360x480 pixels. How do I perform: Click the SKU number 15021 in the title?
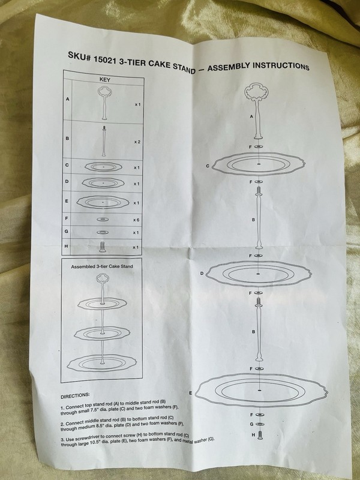104,59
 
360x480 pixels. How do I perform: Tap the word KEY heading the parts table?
104,80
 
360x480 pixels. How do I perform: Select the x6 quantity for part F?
136,220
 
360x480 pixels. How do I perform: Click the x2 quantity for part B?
137,142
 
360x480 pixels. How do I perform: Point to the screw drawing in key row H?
103,247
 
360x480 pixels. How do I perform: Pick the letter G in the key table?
66,232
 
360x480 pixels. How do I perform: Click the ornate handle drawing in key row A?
104,103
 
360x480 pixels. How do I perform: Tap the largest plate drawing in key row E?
103,202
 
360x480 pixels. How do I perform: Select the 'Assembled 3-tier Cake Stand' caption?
102,266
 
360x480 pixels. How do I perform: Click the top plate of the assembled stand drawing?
102,304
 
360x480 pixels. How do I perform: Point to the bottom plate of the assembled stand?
102,364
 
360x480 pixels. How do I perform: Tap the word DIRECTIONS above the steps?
75,396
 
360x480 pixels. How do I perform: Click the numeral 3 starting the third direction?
62,440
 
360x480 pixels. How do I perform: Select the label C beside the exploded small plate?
208,166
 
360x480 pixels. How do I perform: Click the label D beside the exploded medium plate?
202,273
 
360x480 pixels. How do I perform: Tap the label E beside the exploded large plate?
190,393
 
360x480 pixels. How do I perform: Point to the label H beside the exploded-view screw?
253,434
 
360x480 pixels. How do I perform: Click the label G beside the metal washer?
251,424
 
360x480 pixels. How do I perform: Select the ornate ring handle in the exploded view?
256,92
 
